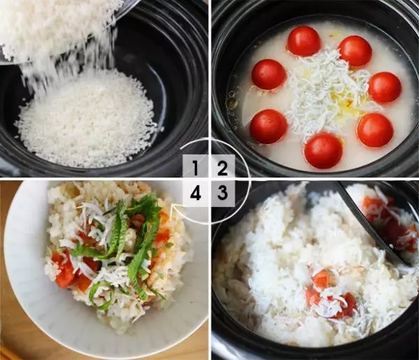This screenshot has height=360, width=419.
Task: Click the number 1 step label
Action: pos(196,168)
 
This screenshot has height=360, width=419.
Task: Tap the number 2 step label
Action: pos(222,168)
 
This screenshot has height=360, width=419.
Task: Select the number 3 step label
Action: pos(222,192)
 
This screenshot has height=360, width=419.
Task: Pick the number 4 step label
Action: pos(196,192)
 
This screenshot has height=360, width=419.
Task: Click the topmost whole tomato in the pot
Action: pos(304,41)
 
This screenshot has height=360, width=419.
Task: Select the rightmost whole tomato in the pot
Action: pos(385,87)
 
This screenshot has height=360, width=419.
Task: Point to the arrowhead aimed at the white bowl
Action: pos(172,208)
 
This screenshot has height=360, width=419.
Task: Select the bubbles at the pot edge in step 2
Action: pos(232,99)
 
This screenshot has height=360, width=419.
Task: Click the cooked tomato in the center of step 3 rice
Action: pos(331,294)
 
